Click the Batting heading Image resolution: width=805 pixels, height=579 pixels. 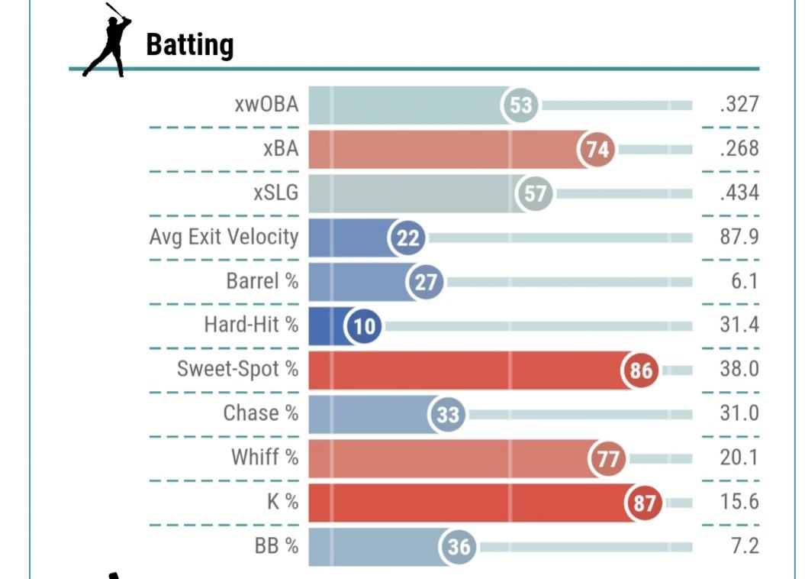(189, 45)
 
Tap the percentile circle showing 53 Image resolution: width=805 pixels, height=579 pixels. (520, 105)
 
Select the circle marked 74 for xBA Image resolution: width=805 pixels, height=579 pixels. (597, 149)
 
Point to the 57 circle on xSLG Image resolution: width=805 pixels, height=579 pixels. (535, 193)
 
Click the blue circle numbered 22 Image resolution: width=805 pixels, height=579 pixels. (408, 238)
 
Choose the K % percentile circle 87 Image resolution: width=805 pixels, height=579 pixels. (643, 503)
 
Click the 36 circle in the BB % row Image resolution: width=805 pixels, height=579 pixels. (458, 547)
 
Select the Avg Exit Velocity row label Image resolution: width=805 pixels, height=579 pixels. (224, 237)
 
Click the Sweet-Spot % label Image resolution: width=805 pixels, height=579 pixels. (237, 369)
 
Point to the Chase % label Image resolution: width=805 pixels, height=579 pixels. (260, 413)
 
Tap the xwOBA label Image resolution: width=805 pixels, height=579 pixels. (266, 105)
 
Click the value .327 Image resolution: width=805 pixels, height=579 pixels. (739, 105)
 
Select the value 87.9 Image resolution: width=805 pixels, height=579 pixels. (739, 237)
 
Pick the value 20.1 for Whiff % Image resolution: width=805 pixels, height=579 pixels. (739, 458)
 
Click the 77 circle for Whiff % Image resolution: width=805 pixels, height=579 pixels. (607, 459)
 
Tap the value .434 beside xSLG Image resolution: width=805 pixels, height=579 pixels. (739, 193)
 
